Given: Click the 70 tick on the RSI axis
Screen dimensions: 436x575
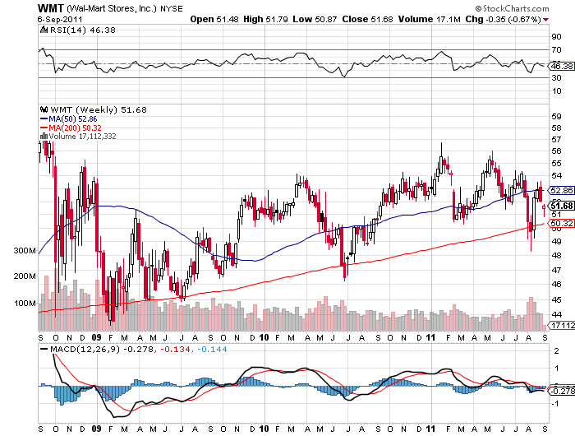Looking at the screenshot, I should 555,51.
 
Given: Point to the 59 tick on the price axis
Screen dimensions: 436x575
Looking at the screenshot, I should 555,116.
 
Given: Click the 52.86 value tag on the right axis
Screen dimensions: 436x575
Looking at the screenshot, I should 560,190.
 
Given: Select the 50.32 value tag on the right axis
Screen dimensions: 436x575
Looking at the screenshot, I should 560,223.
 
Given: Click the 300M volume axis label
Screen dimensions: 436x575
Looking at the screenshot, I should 25,251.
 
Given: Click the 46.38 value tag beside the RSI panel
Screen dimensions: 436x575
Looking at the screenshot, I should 560,65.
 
